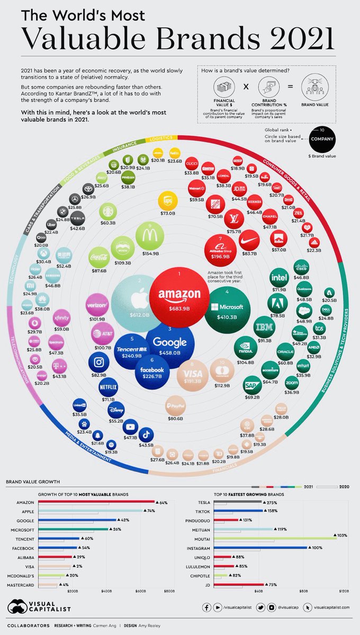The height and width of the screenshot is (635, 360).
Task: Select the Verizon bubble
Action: pos(97,305)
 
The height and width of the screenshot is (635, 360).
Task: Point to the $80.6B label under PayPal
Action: pos(175,419)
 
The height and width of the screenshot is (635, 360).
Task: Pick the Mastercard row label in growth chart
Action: pos(21,585)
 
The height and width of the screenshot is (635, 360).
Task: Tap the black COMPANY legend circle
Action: pos(322,139)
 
